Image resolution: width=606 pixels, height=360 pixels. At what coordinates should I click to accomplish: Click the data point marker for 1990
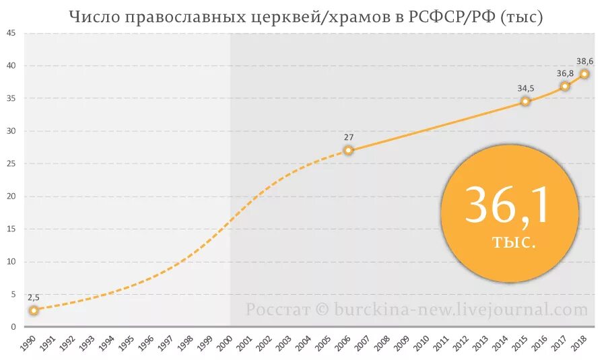pyautogui.click(x=34, y=310)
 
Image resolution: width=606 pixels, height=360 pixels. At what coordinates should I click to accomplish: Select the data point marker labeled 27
pyautogui.click(x=348, y=150)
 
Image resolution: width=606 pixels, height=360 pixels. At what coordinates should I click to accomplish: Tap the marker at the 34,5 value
pyautogui.click(x=525, y=102)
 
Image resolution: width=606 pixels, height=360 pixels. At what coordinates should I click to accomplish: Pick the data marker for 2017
pyautogui.click(x=565, y=86)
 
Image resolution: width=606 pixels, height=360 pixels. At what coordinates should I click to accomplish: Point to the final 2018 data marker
pyautogui.click(x=584, y=74)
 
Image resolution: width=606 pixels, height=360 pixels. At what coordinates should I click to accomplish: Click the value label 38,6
pyautogui.click(x=584, y=60)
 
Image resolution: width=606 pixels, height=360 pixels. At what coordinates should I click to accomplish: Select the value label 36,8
pyautogui.click(x=565, y=73)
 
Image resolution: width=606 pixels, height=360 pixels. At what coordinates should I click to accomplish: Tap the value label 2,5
pyautogui.click(x=34, y=297)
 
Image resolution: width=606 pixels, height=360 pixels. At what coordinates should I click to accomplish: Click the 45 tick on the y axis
pyautogui.click(x=11, y=33)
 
